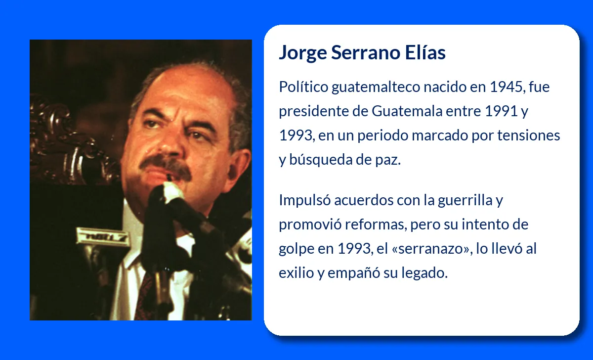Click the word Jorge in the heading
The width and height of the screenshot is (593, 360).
[303, 53]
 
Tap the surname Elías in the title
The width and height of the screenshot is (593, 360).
[425, 52]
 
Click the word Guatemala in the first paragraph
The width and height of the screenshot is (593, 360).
[407, 111]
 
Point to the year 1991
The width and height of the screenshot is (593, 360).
[501, 111]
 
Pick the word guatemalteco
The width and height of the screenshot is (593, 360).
[376, 87]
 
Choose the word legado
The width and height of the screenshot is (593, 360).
[424, 273]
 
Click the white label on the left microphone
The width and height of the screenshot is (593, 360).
[103, 236]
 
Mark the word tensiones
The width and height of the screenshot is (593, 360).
[529, 135]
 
